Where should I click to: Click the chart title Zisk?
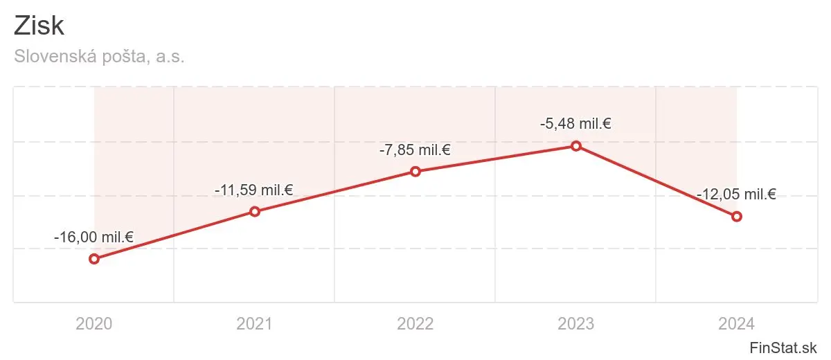click(x=39, y=26)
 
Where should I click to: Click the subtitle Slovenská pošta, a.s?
click(x=99, y=57)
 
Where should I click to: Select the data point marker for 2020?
click(x=94, y=259)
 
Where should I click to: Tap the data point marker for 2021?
click(x=255, y=211)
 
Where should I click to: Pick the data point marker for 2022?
click(x=415, y=171)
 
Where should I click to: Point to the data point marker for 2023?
click(x=576, y=145)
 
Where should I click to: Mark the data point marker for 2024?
click(x=737, y=216)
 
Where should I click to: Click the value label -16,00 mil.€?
click(x=94, y=237)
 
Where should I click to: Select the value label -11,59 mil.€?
click(x=255, y=190)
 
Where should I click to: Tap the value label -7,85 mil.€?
click(x=415, y=150)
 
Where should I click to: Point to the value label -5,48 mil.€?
click(x=576, y=124)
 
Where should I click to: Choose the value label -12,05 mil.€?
click(x=737, y=195)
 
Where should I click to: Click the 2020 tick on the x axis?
click(x=94, y=323)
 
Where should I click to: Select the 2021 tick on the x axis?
click(x=255, y=323)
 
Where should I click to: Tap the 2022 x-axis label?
click(x=415, y=323)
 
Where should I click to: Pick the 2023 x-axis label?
click(x=576, y=323)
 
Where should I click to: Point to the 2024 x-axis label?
click(x=737, y=323)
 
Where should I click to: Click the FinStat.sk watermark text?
click(x=783, y=348)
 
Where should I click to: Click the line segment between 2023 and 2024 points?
click(x=656, y=181)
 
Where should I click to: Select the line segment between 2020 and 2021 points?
click(x=175, y=235)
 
